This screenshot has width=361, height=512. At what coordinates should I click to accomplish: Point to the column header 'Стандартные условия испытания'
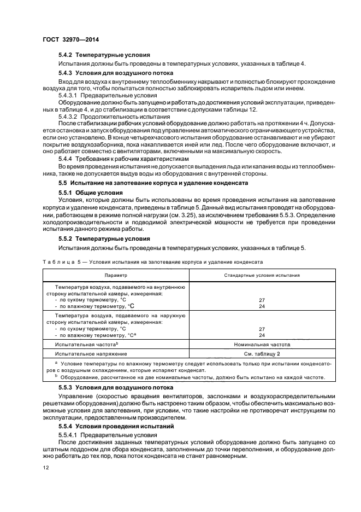pyautogui.click(x=262, y=276)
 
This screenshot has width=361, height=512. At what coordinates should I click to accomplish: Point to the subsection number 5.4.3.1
pyautogui.click(x=69, y=95)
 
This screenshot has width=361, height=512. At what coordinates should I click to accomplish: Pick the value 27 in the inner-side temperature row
pyautogui.click(x=262, y=300)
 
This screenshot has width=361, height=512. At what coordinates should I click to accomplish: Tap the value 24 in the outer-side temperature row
pyautogui.click(x=262, y=335)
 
